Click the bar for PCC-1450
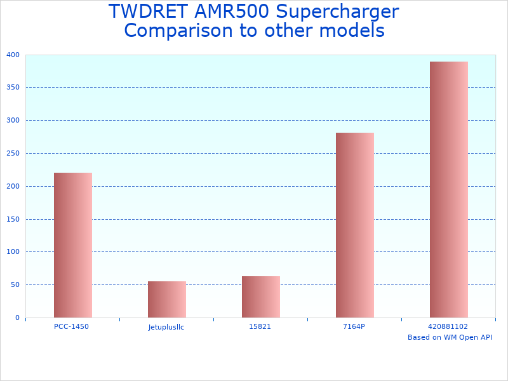click(72, 245)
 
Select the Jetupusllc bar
click(166, 299)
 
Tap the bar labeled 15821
click(260, 297)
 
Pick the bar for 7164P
click(354, 225)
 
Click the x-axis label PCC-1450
click(71, 326)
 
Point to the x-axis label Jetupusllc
click(166, 327)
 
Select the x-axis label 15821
click(260, 326)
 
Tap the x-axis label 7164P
click(354, 326)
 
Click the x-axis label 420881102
click(448, 326)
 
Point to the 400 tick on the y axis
click(13, 55)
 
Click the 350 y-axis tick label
click(13, 88)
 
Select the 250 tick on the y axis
click(13, 153)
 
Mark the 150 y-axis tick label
click(13, 219)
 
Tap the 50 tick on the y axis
click(15, 285)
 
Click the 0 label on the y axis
click(17, 317)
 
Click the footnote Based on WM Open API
click(450, 337)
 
